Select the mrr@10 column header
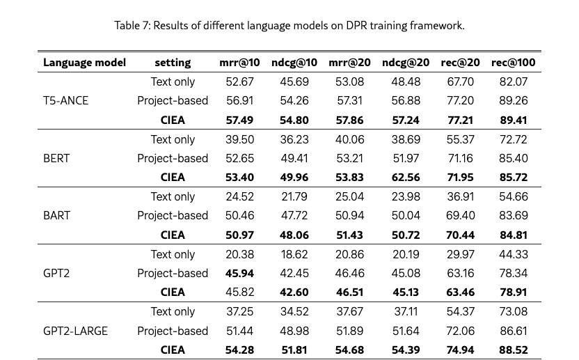tap(239, 63)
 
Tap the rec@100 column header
tap(513, 63)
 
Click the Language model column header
tap(84, 63)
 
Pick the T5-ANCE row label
tap(65, 101)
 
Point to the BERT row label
tap(57, 158)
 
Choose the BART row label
tap(56, 215)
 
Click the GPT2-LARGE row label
tap(75, 331)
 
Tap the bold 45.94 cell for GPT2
tap(239, 273)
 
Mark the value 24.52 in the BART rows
tap(239, 196)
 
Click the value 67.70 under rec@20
tap(459, 82)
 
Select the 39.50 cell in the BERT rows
tap(239, 139)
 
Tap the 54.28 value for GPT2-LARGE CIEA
tap(239, 350)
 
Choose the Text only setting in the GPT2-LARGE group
tap(173, 311)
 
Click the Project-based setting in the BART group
tap(173, 215)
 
